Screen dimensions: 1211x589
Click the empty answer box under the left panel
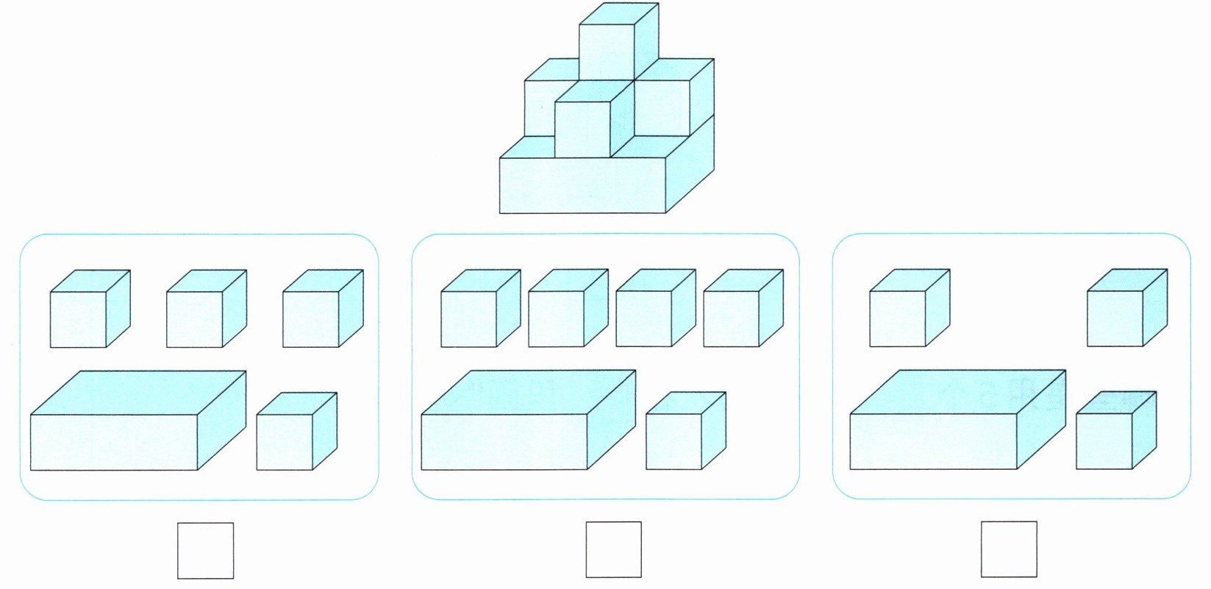[x=205, y=550]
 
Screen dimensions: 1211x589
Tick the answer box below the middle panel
[x=613, y=550]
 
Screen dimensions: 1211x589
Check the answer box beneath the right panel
[x=1009, y=550]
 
